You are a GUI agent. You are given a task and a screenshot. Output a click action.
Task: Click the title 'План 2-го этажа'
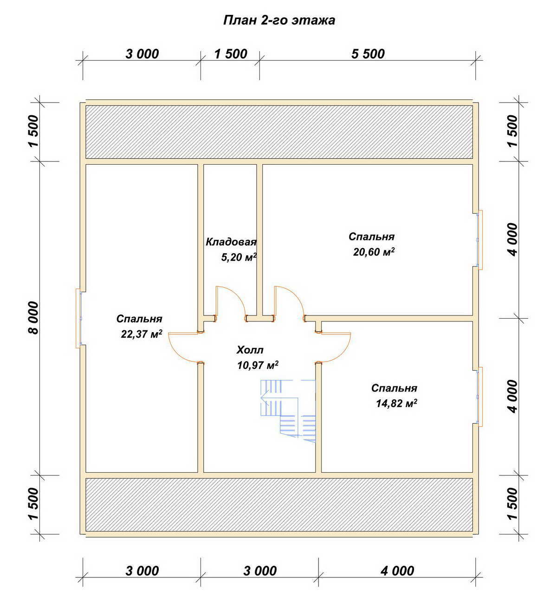point(279,20)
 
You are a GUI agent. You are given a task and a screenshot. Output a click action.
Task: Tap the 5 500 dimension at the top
point(368,54)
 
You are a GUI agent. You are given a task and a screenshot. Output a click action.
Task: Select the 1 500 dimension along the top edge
point(231,54)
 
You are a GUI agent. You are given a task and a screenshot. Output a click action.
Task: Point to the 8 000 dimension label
point(34,318)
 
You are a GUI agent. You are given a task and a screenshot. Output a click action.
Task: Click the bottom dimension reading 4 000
point(397,571)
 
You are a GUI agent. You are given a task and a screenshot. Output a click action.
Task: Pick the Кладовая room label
point(231,242)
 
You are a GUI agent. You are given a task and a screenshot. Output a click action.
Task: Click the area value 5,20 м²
point(239,257)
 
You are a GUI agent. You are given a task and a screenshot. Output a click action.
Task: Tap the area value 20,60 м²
point(374,252)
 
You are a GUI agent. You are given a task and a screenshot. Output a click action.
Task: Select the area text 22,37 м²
point(142,334)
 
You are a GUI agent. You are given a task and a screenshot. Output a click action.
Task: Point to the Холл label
point(250,350)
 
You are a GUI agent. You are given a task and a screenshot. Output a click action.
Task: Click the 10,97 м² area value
point(258,365)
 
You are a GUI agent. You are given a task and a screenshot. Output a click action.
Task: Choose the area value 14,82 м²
point(396,403)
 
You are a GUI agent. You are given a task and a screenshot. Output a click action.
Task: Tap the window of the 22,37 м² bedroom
point(79,319)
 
